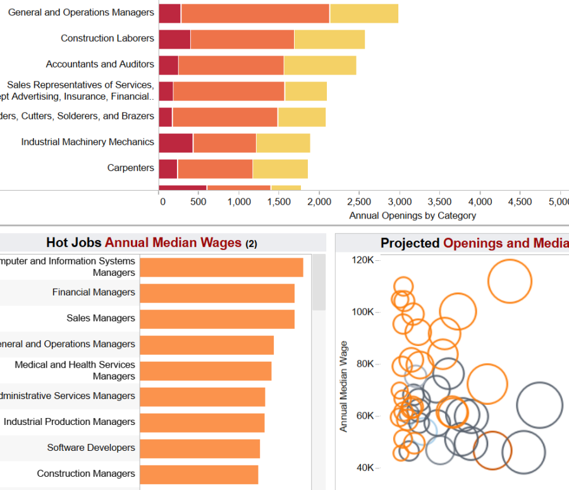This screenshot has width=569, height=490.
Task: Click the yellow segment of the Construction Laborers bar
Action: (329, 39)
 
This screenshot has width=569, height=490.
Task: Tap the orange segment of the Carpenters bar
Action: (215, 169)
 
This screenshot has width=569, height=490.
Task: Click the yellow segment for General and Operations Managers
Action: (364, 13)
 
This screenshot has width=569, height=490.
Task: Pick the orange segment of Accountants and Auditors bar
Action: (231, 65)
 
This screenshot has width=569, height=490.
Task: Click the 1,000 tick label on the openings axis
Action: (240, 202)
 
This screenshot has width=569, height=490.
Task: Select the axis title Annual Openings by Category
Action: (412, 215)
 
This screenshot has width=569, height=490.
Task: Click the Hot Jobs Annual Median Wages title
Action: (152, 242)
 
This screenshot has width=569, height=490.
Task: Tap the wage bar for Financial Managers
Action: (217, 293)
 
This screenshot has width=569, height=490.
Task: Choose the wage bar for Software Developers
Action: (200, 448)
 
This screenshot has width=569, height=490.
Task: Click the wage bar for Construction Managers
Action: (199, 474)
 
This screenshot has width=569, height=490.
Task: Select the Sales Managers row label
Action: (101, 318)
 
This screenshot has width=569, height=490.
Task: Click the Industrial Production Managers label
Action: (69, 422)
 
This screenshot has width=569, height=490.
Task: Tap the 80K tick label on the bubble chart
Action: (365, 364)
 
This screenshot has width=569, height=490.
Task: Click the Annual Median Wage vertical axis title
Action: (344, 386)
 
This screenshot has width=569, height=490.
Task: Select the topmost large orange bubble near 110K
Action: (510, 281)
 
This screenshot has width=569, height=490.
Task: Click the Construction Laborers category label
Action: (107, 39)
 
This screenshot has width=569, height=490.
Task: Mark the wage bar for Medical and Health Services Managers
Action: (205, 371)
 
